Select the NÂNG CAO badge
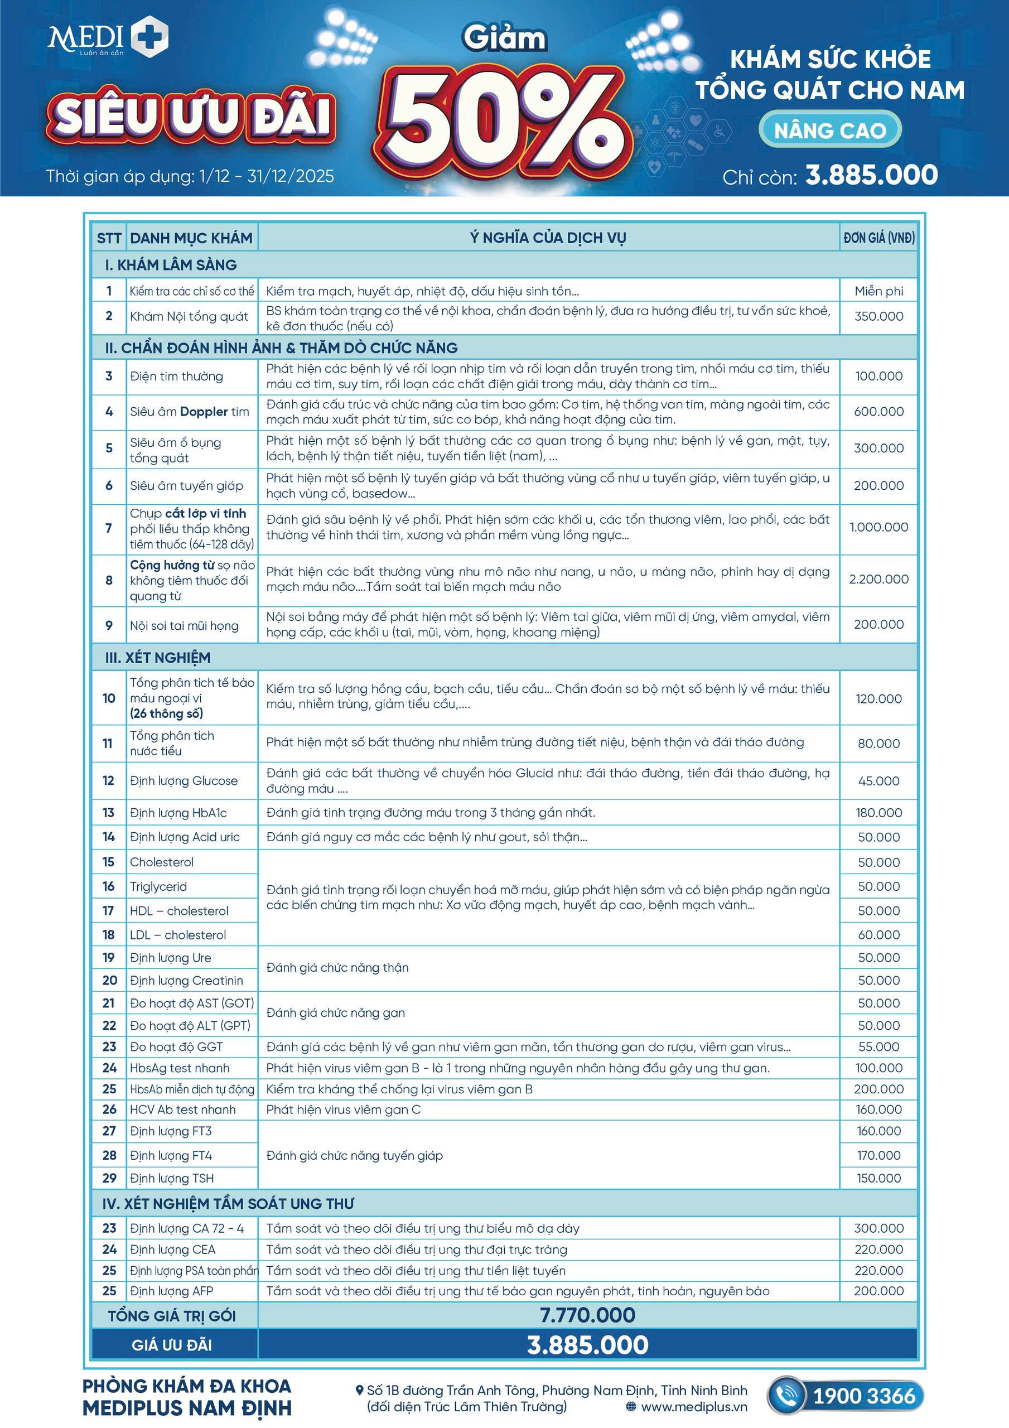[830, 130]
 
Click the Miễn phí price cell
[878, 291]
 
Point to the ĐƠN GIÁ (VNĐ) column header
[878, 238]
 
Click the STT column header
[109, 238]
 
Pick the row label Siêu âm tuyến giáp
[186, 486]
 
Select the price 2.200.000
[878, 579]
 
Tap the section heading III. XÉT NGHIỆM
[158, 658]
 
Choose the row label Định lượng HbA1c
[178, 813]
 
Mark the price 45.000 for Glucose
[878, 780]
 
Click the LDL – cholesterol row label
[177, 935]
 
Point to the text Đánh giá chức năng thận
[337, 968]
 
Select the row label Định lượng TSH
[172, 1178]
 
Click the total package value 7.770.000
[587, 1315]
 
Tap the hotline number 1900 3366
[864, 1396]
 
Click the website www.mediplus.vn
[694, 1407]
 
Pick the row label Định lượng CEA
[172, 1249]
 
